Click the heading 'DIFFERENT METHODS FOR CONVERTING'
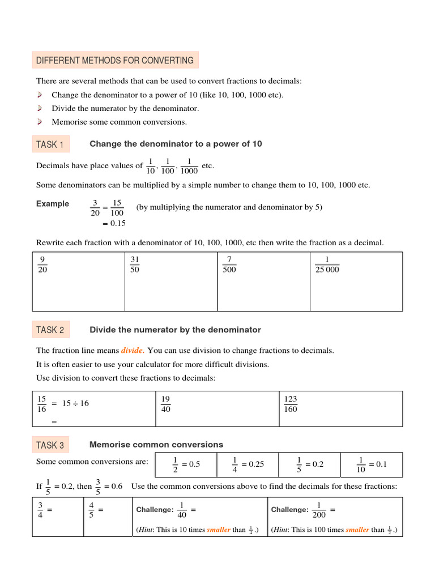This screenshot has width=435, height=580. point(115,61)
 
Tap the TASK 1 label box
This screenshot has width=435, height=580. point(50,144)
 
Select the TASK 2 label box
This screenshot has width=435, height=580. point(50,330)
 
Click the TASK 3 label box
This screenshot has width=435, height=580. point(50,445)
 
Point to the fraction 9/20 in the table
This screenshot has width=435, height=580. point(42,265)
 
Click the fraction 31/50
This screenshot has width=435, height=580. point(135,265)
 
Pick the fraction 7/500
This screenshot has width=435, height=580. point(229,265)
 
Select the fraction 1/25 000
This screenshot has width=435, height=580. point(327,265)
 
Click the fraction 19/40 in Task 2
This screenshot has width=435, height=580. point(166,404)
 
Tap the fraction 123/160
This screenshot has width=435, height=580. point(291,404)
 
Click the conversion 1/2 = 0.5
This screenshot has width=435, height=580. point(186,464)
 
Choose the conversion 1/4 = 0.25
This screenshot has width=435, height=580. point(248,464)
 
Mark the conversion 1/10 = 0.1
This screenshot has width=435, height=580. point(372,464)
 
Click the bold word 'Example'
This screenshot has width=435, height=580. point(53,204)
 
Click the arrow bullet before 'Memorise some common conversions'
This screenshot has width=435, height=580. point(40,122)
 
